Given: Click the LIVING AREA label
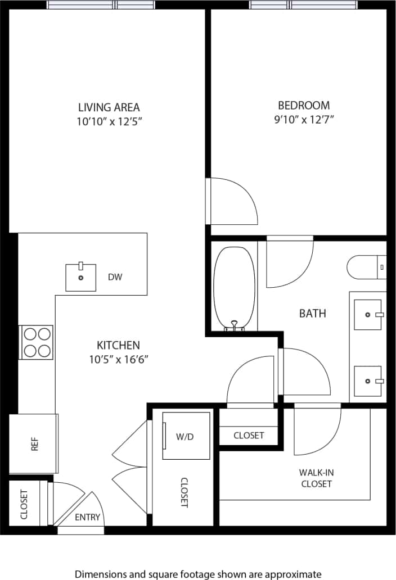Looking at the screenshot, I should pyautogui.click(x=109, y=107).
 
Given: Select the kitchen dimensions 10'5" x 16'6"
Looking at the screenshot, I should pyautogui.click(x=118, y=359).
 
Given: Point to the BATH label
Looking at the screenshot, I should pyautogui.click(x=312, y=314).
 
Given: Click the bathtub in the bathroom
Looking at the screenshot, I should pyautogui.click(x=235, y=287).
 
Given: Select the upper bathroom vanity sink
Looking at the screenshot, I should pyautogui.click(x=368, y=315).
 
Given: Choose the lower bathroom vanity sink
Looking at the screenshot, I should pyautogui.click(x=368, y=380).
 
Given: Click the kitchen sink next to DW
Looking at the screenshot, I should pyautogui.click(x=80, y=277).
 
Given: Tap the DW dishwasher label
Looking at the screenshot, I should pyautogui.click(x=115, y=277).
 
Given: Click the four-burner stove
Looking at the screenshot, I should pyautogui.click(x=37, y=342).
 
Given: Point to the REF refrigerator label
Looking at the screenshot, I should pyautogui.click(x=33, y=444).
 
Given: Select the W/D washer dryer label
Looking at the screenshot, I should pyautogui.click(x=184, y=436).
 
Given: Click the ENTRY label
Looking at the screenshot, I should pyautogui.click(x=87, y=517).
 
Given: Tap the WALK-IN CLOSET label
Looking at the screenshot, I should pyautogui.click(x=317, y=478).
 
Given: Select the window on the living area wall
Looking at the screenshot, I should pyautogui.click(x=101, y=5).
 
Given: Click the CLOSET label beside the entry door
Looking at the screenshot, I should pyautogui.click(x=24, y=504).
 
